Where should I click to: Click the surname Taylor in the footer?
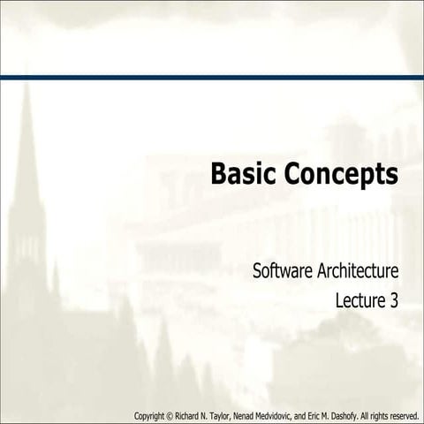click(x=226, y=415)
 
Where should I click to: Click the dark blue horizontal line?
click(x=212, y=78)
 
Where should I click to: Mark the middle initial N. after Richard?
click(x=209, y=415)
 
